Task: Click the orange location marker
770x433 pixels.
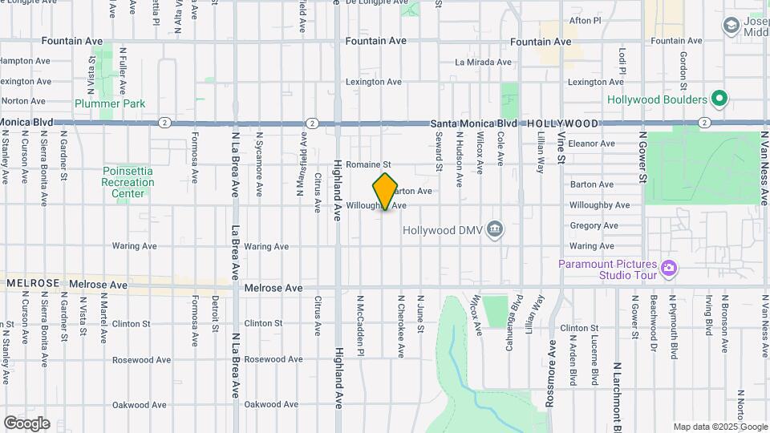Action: click(x=386, y=191)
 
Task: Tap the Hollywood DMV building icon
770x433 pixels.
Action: click(x=495, y=231)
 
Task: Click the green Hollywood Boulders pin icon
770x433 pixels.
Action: click(x=719, y=99)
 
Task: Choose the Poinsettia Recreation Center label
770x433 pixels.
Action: click(x=128, y=182)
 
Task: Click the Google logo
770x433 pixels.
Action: click(x=26, y=423)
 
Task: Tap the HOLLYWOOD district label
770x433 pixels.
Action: click(x=563, y=123)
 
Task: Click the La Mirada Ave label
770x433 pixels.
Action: click(x=483, y=62)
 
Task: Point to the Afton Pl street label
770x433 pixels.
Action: click(x=584, y=21)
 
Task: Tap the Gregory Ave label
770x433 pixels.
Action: click(x=592, y=226)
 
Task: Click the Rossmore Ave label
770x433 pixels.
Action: click(x=551, y=374)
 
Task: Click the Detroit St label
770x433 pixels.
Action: click(x=216, y=314)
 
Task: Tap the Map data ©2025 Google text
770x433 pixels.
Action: click(x=719, y=427)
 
